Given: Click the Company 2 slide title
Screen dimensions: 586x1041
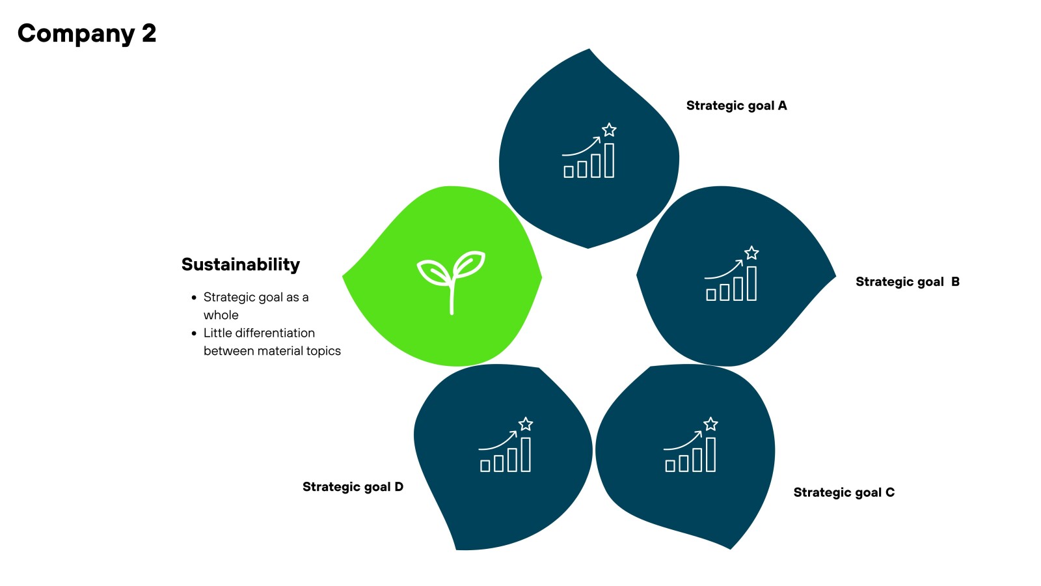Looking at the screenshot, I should tap(87, 33).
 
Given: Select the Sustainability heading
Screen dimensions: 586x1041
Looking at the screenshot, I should tap(240, 264).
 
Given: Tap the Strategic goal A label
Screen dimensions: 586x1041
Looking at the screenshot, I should tap(736, 105).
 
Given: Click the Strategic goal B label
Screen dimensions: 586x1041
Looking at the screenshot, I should tap(907, 282).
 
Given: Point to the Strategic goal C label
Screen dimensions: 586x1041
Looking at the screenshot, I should tap(843, 492).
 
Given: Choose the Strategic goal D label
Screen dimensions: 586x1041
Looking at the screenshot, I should tap(353, 487).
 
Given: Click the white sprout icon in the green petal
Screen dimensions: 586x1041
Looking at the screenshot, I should tap(451, 281).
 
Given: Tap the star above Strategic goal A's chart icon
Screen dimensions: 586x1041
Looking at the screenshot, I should tap(609, 130).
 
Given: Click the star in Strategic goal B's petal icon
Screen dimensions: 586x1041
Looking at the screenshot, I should tap(751, 253).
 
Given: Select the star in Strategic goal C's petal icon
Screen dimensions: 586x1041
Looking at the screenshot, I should tap(710, 424).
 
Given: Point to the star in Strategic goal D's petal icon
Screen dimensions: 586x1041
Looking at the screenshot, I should tap(526, 424).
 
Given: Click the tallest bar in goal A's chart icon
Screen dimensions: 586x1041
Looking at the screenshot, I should tap(609, 160).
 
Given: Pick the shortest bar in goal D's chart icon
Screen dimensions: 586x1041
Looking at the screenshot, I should tap(485, 466).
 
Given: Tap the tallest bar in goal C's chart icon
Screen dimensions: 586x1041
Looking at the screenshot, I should tap(710, 454).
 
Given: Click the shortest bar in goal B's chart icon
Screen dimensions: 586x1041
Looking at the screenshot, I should tap(711, 294).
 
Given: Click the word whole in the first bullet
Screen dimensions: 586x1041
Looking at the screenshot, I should tap(221, 315).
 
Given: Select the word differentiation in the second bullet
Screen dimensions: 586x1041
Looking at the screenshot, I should tap(275, 333).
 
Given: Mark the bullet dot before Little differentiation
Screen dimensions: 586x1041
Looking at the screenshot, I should tap(194, 333).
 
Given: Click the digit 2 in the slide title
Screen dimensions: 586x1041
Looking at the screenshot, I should tap(149, 33).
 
